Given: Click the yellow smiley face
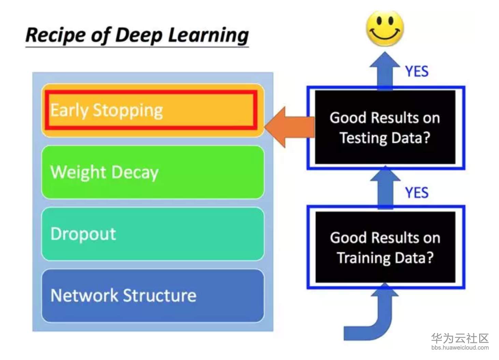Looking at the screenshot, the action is tap(385, 28).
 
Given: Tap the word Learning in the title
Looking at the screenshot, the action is tap(208, 35).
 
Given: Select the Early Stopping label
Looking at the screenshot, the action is tap(107, 111).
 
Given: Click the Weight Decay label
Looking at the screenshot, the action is tap(104, 173).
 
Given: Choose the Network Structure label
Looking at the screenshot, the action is tap(124, 296).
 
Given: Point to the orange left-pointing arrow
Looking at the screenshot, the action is tap(289, 127).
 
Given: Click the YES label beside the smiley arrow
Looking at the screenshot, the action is tap(417, 72).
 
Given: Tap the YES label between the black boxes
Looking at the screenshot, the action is tap(417, 193).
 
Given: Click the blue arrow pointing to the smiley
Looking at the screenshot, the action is tap(385, 71).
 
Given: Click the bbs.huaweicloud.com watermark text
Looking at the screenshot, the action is tap(460, 347).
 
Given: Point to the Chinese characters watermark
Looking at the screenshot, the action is tap(460, 338).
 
